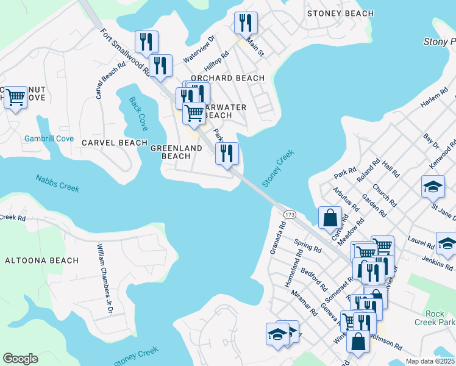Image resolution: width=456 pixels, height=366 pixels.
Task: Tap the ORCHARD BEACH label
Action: click(227, 78)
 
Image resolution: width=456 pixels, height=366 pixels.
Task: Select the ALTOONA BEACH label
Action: click(42, 260)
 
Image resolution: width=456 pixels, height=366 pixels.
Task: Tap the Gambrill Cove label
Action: click(49, 138)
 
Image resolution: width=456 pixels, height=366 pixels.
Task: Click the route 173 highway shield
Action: click(290, 215)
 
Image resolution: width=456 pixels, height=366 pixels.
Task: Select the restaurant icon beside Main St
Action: click(246, 23)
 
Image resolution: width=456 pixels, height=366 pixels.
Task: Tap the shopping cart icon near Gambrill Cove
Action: click(15, 96)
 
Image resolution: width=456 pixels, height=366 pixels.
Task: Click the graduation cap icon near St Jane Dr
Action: click(433, 186)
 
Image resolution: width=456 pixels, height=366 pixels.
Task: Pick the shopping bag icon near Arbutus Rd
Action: click(330, 217)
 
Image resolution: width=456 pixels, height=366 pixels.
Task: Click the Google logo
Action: click(20, 359)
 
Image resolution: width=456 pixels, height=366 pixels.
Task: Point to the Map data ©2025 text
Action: click(430, 361)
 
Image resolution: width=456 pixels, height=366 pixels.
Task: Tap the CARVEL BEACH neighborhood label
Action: click(115, 143)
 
